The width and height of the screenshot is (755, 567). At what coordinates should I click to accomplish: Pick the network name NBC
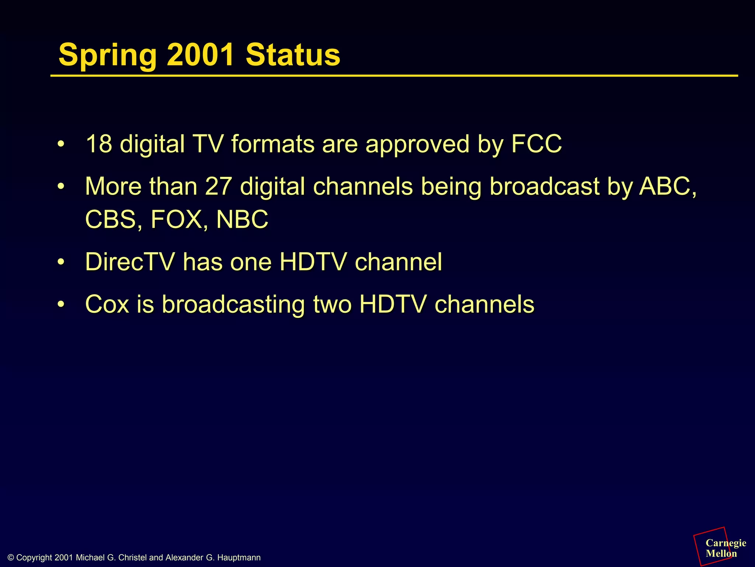tap(242, 219)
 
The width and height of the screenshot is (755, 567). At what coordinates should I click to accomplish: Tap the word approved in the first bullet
tap(417, 145)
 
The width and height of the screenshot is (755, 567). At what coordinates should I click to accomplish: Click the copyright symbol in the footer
tap(11, 558)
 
